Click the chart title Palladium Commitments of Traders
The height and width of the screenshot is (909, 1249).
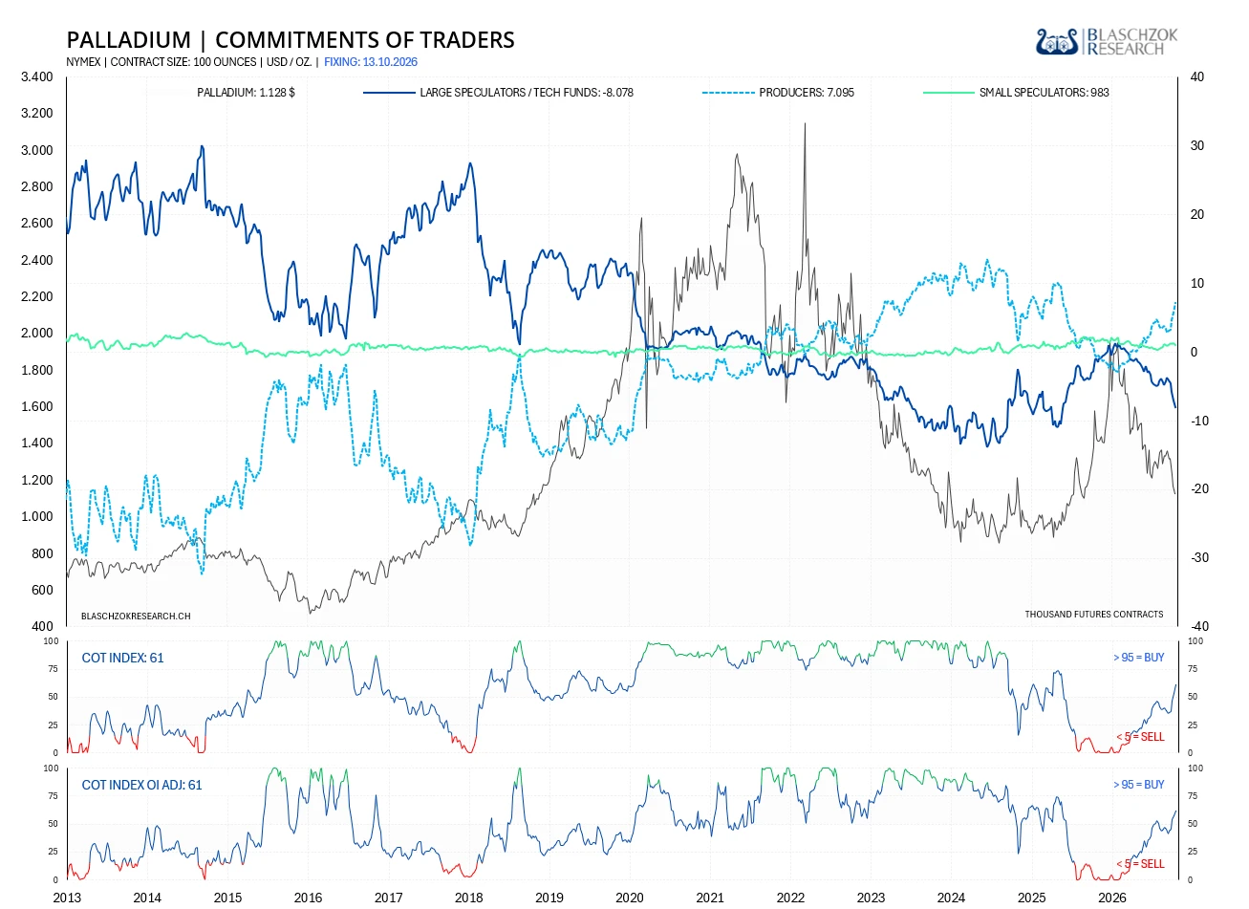click(x=291, y=39)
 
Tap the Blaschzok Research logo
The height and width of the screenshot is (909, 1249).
click(x=1107, y=42)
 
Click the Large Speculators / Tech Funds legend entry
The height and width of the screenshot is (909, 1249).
click(x=498, y=93)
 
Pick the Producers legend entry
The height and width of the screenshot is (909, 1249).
click(x=778, y=93)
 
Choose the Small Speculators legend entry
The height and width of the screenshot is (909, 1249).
click(x=1016, y=93)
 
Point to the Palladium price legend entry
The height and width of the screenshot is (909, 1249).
click(x=246, y=93)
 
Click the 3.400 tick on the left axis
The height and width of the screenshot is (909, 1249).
click(x=37, y=76)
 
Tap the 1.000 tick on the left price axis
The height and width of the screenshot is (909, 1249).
click(x=37, y=516)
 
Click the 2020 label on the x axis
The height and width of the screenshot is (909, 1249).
click(x=630, y=898)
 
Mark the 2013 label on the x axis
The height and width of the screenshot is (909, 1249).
click(x=67, y=898)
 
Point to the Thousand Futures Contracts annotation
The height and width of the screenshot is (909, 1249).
click(x=1094, y=614)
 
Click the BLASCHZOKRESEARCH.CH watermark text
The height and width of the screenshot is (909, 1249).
click(x=136, y=616)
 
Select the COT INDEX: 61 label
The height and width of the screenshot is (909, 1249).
click(x=122, y=658)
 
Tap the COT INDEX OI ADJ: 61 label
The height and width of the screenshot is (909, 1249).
click(x=141, y=785)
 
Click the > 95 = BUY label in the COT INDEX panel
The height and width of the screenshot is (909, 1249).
click(x=1138, y=657)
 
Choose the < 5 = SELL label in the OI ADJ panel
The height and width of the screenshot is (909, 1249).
click(x=1140, y=863)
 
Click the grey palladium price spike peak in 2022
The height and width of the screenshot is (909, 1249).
click(x=805, y=124)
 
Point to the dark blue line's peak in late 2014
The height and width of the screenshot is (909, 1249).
click(x=202, y=146)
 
